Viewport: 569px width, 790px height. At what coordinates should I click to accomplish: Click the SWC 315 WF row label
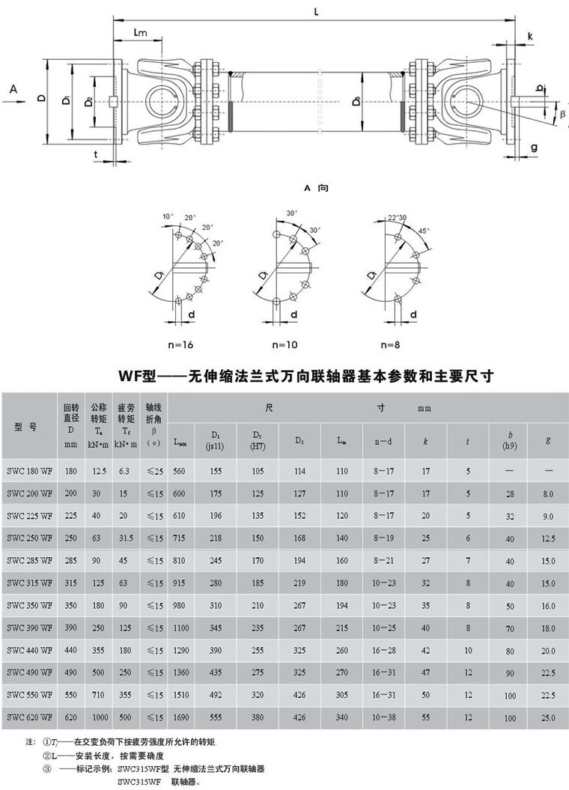pos(31,582)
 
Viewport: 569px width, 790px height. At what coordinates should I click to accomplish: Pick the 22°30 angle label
pos(397,218)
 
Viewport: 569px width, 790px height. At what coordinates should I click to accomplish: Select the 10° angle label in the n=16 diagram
pos(168,216)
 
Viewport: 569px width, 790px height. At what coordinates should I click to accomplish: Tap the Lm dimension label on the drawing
pos(140,33)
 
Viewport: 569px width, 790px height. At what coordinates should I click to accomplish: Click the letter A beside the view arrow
pos(13,89)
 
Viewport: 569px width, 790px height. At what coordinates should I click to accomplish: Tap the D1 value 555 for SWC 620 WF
pos(216,717)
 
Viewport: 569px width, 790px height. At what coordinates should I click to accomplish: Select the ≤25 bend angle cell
pos(155,471)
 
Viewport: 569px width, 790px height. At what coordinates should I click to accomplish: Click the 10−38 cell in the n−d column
pos(383,717)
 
